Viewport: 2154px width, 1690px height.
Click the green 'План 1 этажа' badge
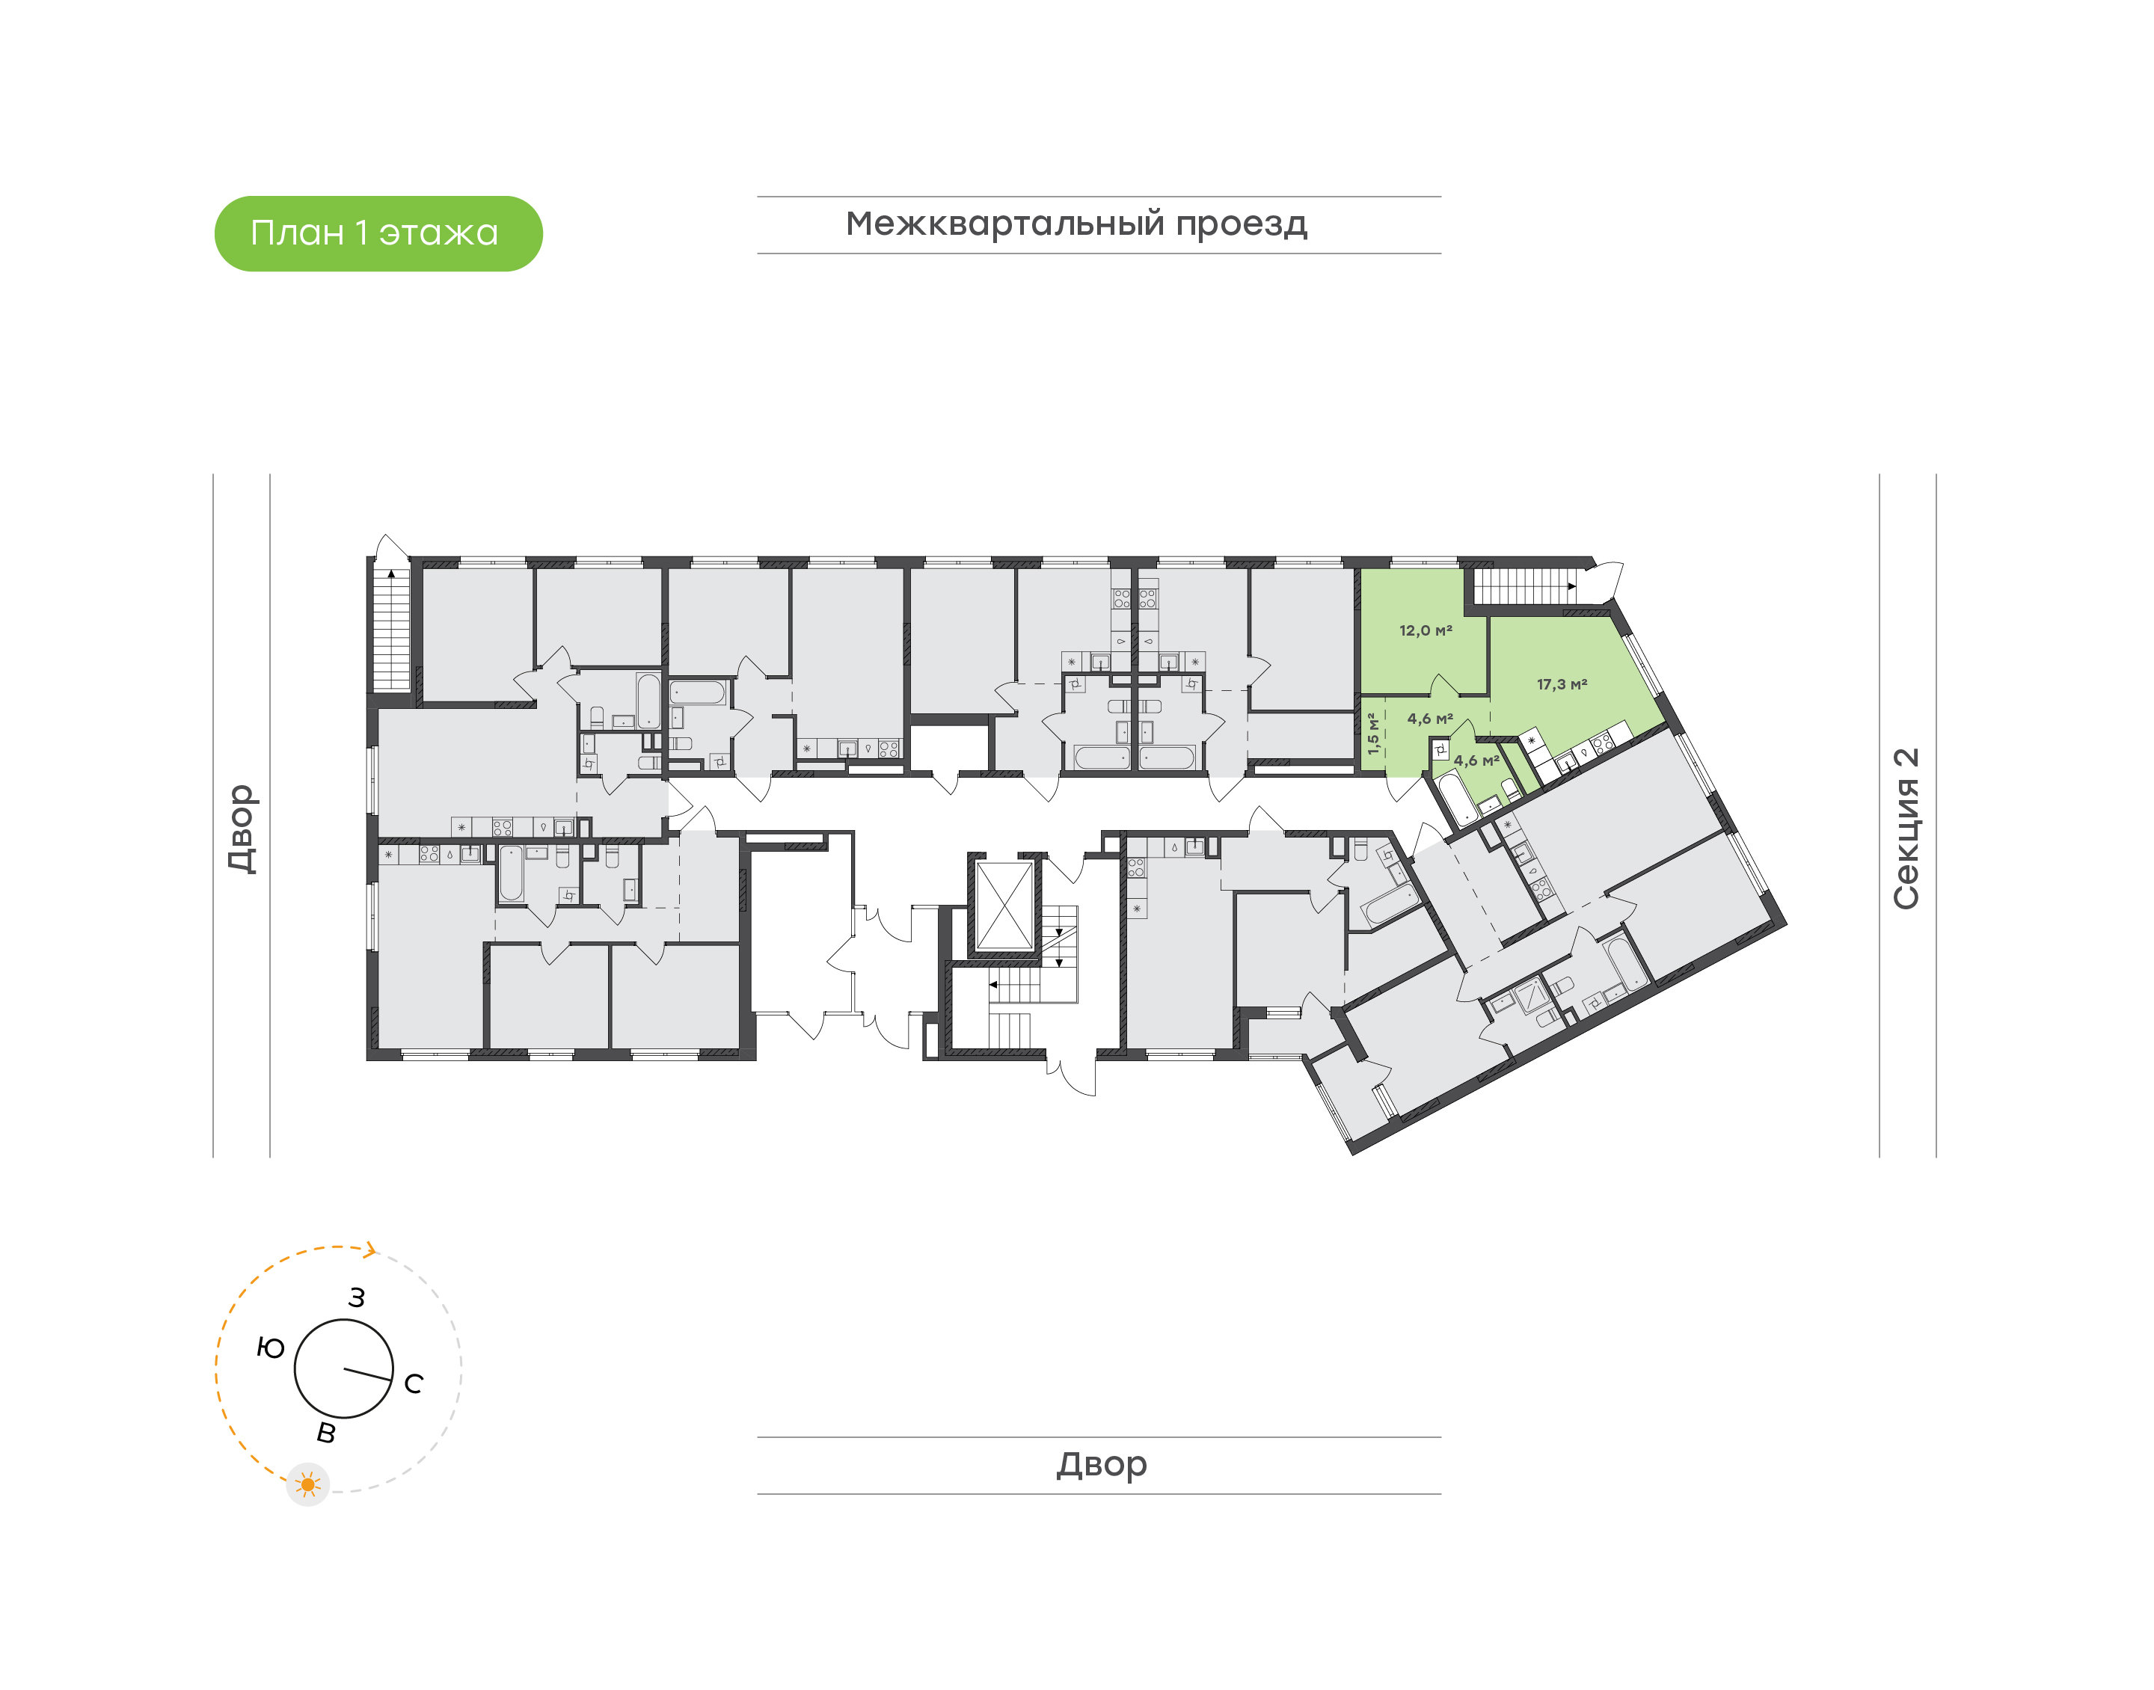coord(378,233)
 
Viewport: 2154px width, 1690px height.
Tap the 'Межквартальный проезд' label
coord(1076,224)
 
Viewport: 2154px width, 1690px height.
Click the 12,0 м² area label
coord(1425,630)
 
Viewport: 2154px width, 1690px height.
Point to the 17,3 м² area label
coord(1562,683)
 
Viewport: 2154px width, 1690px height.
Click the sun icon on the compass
coord(307,1484)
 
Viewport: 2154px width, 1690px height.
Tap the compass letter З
coord(356,1297)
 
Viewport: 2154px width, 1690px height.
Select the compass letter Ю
coord(270,1348)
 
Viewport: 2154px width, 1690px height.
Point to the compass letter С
coord(414,1383)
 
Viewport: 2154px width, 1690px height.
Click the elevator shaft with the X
coord(1004,906)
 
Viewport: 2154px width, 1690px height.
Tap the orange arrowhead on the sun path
coord(371,1250)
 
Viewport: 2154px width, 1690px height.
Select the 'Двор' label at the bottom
coord(1101,1463)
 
